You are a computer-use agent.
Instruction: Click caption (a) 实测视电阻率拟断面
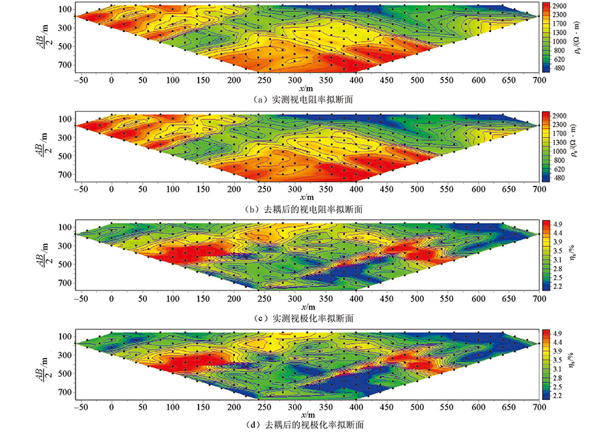tap(306, 99)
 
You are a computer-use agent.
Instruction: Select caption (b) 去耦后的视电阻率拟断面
tap(306, 209)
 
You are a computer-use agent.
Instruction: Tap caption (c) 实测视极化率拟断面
tap(306, 318)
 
